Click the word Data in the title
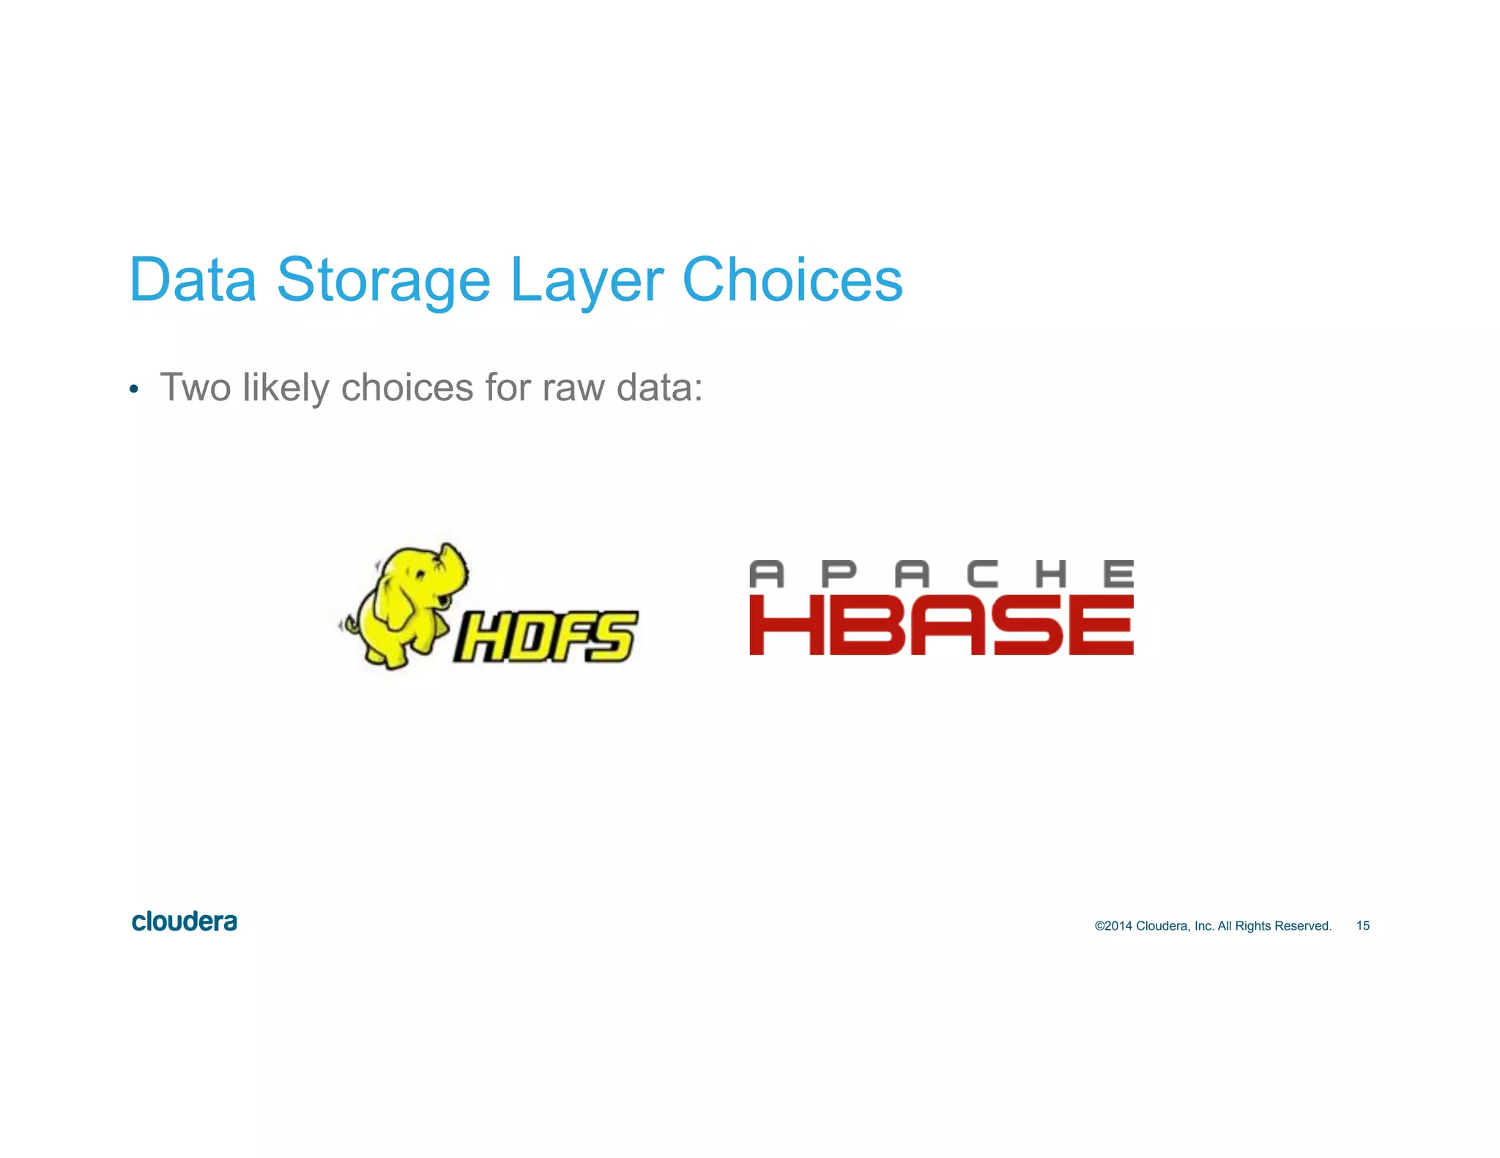point(193,280)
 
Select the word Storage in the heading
point(383,281)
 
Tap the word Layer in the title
point(586,281)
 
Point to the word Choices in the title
point(792,280)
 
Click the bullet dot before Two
point(133,389)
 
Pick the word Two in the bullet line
point(196,387)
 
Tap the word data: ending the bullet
point(659,387)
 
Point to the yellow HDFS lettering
point(546,636)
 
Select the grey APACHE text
point(941,574)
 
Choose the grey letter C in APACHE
point(981,574)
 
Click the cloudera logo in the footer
point(185,922)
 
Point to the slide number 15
point(1362,926)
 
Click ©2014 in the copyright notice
point(1113,926)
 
